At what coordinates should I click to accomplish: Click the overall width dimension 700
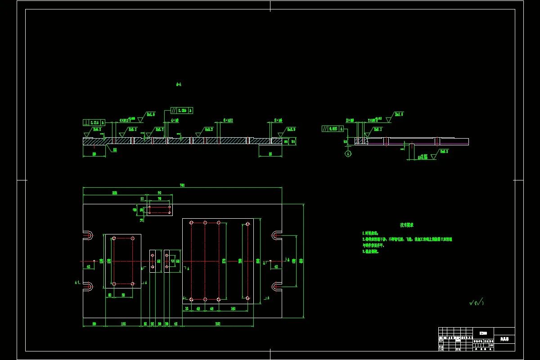pos(182,185)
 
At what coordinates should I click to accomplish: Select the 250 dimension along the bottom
pos(217,324)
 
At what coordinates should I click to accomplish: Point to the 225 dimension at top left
pos(115,193)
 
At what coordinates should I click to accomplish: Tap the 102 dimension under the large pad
pos(233,309)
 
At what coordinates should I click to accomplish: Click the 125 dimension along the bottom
pos(123,324)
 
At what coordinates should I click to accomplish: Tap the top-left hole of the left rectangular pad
pos(114,238)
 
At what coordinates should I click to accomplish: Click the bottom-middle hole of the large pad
pos(205,299)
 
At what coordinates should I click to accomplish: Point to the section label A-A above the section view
pos(179,84)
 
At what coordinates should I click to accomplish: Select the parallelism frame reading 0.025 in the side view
pos(333,129)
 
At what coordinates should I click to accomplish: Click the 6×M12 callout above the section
pos(228,121)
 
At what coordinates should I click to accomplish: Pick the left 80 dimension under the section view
pos(94,154)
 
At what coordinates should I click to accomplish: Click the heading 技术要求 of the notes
pos(407,225)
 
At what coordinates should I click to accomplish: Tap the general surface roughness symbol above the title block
pos(476,302)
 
